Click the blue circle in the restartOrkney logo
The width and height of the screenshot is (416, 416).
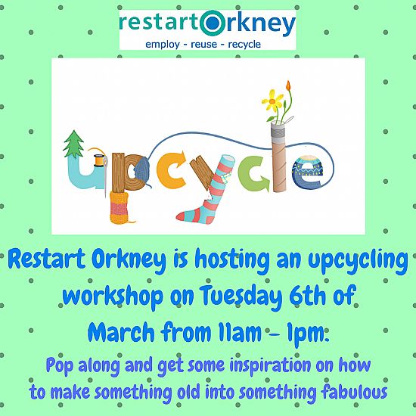point(213,23)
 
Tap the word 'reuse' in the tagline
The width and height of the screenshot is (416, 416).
point(203,44)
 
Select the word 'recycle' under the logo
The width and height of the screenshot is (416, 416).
point(244,45)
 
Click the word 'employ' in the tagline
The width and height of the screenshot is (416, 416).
point(163,45)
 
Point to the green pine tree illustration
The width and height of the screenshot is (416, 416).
point(73,144)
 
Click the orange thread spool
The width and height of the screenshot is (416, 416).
point(98,160)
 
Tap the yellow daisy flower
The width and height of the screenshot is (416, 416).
point(272,101)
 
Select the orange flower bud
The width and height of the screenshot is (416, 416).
point(288,85)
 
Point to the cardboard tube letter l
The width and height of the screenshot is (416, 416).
point(279,157)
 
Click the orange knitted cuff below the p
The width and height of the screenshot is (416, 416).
point(119,207)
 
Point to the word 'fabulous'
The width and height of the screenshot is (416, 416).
point(354,392)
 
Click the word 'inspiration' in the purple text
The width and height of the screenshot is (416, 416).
point(270,366)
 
